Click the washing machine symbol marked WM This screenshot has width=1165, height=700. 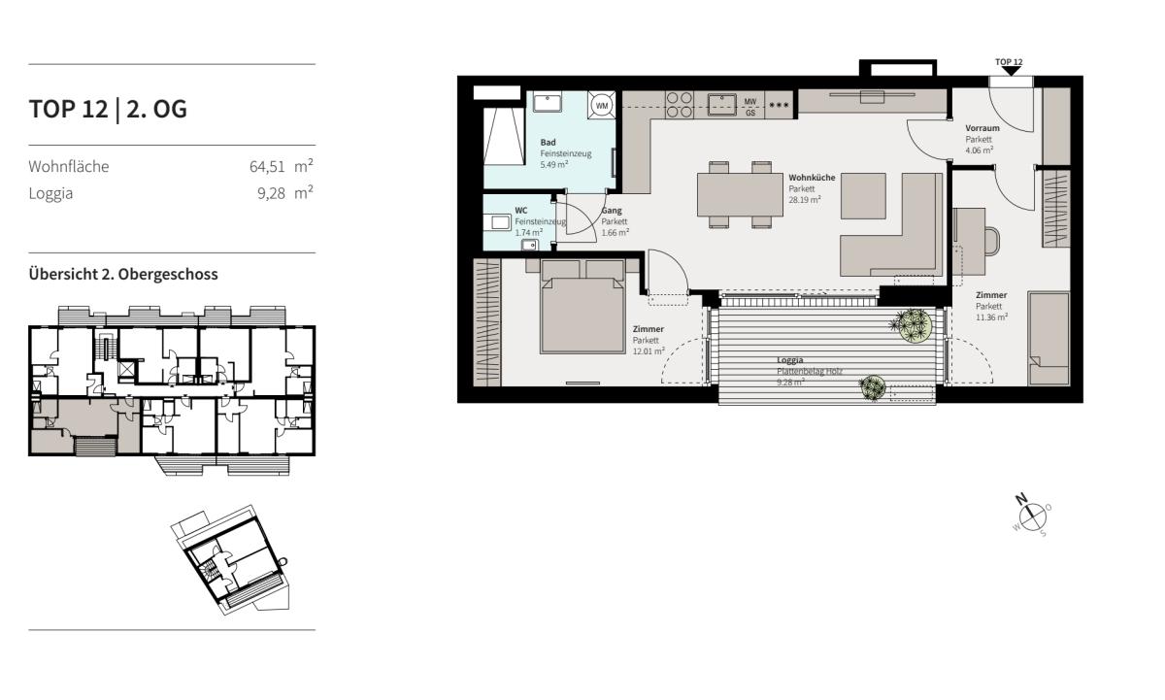[x=601, y=106]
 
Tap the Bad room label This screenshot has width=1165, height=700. [x=548, y=143]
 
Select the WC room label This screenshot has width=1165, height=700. [x=521, y=211]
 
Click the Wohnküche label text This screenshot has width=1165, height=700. [x=812, y=178]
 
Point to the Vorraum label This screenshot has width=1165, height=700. [x=982, y=128]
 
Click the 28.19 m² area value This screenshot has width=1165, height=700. [x=805, y=200]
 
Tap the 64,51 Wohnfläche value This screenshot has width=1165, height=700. [x=267, y=167]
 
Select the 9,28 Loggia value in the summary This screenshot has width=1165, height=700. [x=271, y=193]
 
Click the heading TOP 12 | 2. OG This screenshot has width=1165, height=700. [x=108, y=110]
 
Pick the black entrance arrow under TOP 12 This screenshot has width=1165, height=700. [x=1011, y=71]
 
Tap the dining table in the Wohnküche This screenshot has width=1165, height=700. [x=740, y=194]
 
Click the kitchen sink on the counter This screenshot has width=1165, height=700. [x=721, y=104]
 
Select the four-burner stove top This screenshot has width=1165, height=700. [x=680, y=105]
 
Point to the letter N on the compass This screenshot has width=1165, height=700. [x=1021, y=499]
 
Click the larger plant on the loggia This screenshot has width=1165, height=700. [x=914, y=325]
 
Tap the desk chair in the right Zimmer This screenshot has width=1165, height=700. [x=992, y=242]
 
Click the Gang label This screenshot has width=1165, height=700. [x=612, y=211]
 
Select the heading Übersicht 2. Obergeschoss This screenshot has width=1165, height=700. [x=123, y=275]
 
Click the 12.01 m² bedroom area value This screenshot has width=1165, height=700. [x=649, y=351]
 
